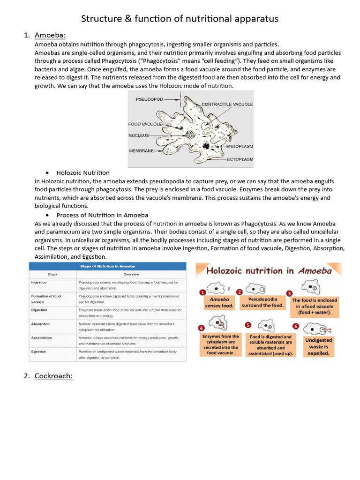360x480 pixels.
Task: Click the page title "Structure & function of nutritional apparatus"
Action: pos(180,19)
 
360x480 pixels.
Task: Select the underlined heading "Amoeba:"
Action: pos(50,35)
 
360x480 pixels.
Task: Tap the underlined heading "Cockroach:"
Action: pos(53,375)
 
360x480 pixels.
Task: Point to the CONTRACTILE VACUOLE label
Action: pos(227,104)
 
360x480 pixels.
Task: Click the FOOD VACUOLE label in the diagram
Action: pos(145,124)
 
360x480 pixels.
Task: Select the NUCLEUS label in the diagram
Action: pos(138,135)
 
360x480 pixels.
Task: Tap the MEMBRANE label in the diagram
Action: pos(142,151)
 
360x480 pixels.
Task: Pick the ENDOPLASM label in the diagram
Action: pos(240,146)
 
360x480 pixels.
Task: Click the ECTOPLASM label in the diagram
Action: pos(240,159)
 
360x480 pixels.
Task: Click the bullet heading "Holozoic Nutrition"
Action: pos(83,173)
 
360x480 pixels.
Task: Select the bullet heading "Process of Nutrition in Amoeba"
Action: pos(102,215)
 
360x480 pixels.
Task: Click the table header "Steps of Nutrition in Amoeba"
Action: pos(107,266)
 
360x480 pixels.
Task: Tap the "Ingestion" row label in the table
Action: pos(39,283)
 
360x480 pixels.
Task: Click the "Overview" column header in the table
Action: pos(131,274)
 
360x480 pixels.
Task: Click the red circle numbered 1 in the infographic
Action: pos(202,292)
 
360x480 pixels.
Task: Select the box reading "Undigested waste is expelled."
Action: pos(319,346)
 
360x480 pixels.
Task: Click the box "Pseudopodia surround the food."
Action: pos(262,302)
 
